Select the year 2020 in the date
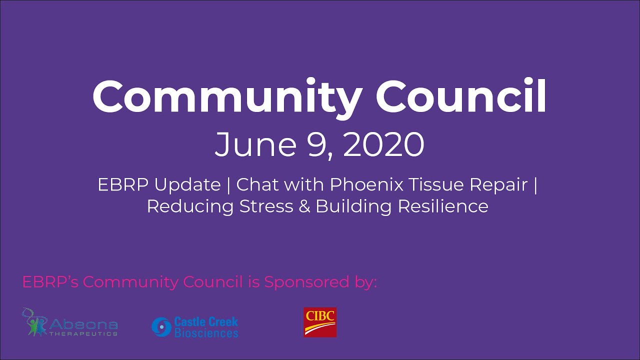click(383, 144)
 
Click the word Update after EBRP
click(187, 185)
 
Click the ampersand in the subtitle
click(304, 206)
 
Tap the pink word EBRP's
click(50, 282)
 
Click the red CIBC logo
click(320, 322)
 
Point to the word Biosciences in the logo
click(206, 332)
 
